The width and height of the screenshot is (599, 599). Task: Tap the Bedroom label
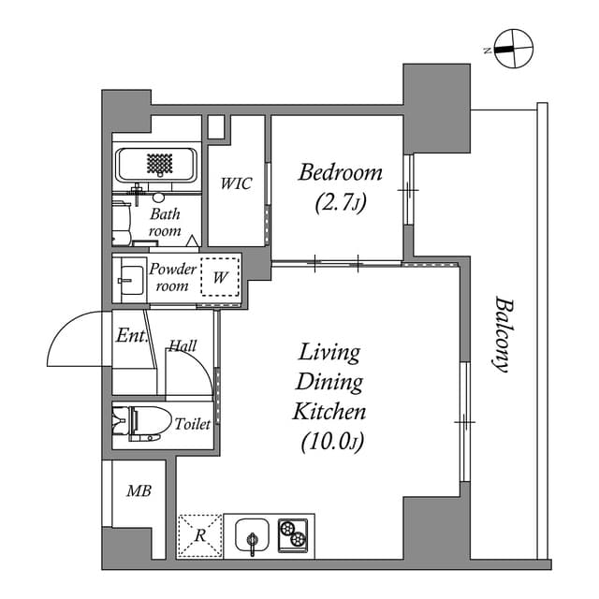[x=341, y=172]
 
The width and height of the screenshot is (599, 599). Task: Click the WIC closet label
[x=236, y=183]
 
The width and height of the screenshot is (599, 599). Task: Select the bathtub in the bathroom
[x=157, y=166]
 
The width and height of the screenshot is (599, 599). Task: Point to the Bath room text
[x=165, y=221]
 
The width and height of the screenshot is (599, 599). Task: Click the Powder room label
[x=173, y=277]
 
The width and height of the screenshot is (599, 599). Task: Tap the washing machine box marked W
[x=220, y=277]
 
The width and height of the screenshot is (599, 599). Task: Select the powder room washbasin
[x=129, y=278]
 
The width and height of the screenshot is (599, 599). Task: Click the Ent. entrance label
[x=130, y=335]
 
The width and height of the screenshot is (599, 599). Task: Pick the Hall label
[x=183, y=346]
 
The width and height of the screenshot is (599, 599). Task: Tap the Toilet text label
[x=192, y=425]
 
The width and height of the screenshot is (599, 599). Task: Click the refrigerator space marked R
[x=200, y=536]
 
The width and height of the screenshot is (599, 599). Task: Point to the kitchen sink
[x=253, y=536]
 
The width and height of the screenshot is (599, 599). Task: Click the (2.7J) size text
[x=340, y=203]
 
